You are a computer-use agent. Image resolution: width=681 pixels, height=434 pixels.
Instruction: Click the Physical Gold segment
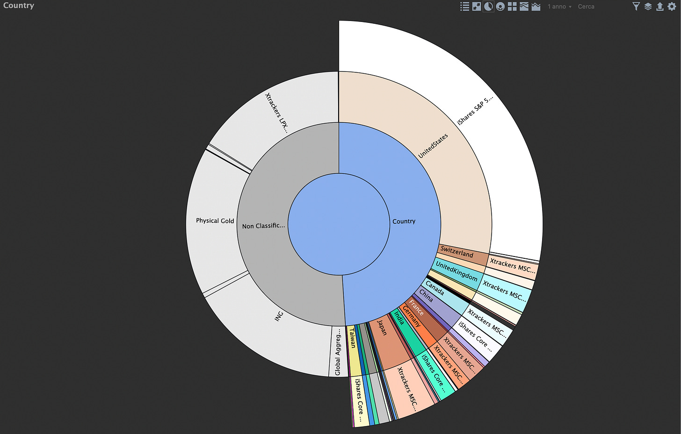(215, 221)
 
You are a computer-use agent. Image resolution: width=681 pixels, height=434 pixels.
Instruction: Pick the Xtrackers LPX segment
(276, 112)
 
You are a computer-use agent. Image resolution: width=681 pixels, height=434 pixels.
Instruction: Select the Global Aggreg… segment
(338, 351)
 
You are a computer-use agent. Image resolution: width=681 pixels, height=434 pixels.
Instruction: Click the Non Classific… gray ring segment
(263, 226)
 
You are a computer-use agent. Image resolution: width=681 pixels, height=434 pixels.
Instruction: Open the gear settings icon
(672, 7)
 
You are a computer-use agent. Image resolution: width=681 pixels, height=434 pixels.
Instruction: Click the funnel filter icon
(636, 7)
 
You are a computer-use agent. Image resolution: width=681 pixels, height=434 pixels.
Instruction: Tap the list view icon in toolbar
(464, 7)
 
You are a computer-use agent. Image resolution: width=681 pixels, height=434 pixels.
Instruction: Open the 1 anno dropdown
(559, 7)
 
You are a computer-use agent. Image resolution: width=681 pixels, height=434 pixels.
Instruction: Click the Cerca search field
(586, 7)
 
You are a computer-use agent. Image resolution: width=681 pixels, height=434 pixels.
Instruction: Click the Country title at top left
(19, 6)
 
